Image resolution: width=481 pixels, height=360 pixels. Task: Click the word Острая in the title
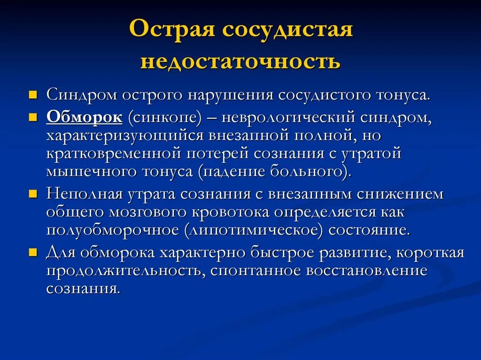pyautogui.click(x=171, y=31)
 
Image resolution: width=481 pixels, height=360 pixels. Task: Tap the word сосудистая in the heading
pyautogui.click(x=287, y=31)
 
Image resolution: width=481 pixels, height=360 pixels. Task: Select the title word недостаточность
pyautogui.click(x=240, y=61)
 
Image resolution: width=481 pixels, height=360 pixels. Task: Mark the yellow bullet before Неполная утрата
pyautogui.click(x=32, y=193)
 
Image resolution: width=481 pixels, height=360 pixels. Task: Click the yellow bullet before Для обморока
pyautogui.click(x=32, y=252)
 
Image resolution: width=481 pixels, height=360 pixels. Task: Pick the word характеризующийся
pyautogui.click(x=124, y=135)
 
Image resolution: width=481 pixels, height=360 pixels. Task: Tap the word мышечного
pyautogui.click(x=91, y=171)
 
